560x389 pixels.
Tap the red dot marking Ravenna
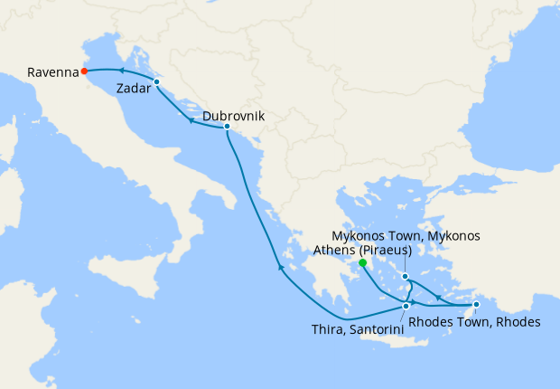click(x=84, y=71)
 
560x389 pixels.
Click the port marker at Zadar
click(x=156, y=82)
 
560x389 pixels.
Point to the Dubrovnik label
click(x=234, y=117)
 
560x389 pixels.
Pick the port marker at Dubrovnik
click(x=227, y=128)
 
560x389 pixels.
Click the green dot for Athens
click(x=361, y=263)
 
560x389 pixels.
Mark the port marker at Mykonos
click(x=406, y=277)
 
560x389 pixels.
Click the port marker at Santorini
click(x=406, y=307)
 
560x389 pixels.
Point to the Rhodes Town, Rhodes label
click(x=474, y=322)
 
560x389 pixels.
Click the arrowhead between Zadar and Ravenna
click(x=121, y=71)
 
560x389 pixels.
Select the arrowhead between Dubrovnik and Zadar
click(x=191, y=120)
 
